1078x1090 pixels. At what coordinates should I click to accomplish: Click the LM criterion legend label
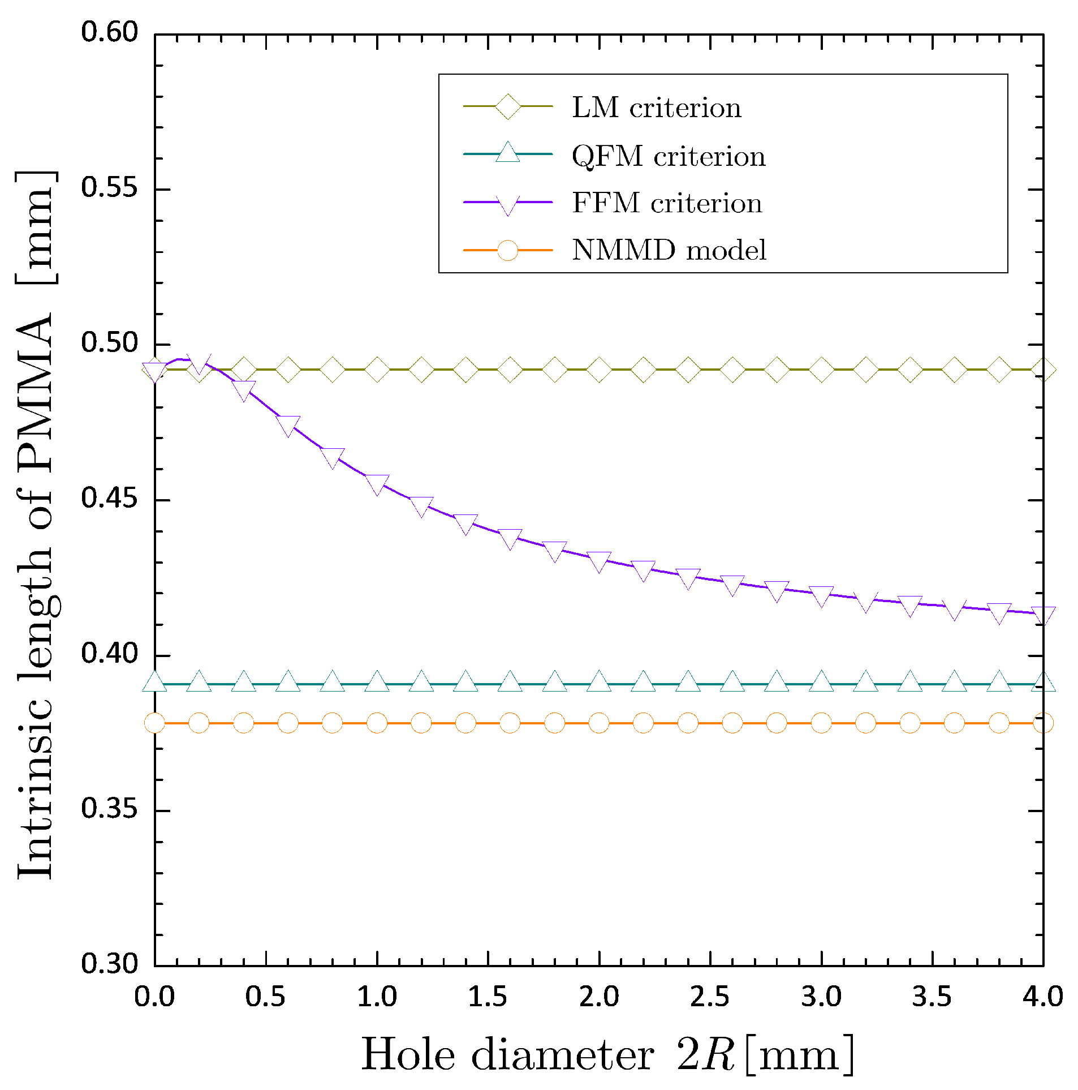point(656,108)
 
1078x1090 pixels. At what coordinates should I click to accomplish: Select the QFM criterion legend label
point(669,156)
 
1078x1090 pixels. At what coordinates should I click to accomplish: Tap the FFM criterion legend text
point(667,203)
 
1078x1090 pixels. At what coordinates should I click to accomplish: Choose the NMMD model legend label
point(669,250)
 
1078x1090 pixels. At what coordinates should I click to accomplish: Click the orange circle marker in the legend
point(507,250)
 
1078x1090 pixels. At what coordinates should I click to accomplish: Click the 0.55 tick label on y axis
point(110,188)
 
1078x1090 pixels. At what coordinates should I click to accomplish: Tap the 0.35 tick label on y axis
point(110,809)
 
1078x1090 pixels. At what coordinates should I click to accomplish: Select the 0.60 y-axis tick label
point(110,33)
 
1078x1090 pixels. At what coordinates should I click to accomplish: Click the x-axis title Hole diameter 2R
point(606,1054)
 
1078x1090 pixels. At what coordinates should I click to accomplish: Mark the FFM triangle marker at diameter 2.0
point(599,561)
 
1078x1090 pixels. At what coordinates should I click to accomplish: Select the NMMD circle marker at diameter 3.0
point(821,723)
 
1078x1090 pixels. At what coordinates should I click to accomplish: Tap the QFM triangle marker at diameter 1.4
point(465,682)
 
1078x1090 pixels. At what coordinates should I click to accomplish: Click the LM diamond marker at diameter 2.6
point(732,370)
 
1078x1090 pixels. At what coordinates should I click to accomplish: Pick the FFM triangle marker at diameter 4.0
point(1043,615)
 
